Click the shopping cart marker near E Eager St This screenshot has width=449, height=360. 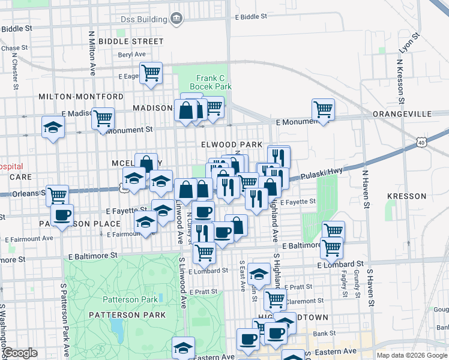coord(151,73)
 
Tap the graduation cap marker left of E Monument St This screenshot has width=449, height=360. coord(53,127)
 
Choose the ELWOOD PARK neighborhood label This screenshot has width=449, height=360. coord(232,145)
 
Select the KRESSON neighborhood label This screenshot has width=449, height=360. coord(406,196)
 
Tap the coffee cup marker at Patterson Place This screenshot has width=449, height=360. coord(62,215)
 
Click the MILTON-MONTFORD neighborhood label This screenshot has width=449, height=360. coord(73,97)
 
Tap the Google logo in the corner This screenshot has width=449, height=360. coord(20,353)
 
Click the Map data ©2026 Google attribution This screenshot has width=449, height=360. coord(412,355)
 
